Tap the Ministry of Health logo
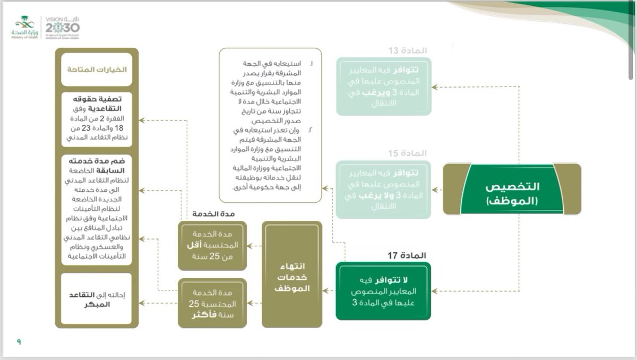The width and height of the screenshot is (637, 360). coord(24,27)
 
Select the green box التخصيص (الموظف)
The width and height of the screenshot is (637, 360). coord(512,189)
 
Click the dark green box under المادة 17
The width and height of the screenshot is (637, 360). coord(383,291)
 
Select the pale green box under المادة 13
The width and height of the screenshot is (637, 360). coord(383,86)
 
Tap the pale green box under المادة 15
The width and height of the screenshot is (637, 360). coord(383,190)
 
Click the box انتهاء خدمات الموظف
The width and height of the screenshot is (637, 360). coord(291,274)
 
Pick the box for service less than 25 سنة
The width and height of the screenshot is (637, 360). coord(212,246)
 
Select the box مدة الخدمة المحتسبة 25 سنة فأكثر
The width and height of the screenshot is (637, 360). coord(212,303)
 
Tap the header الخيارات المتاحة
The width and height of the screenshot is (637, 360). coord(97,70)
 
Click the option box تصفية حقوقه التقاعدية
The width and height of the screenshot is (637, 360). coord(97,119)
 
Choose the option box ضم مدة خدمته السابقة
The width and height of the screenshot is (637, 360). coord(97,209)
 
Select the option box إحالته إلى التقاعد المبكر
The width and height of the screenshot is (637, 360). coord(97,299)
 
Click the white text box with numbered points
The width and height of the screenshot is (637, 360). coord(270,125)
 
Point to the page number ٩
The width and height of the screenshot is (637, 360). coord(19,342)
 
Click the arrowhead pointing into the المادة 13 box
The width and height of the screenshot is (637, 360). coord(434,87)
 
